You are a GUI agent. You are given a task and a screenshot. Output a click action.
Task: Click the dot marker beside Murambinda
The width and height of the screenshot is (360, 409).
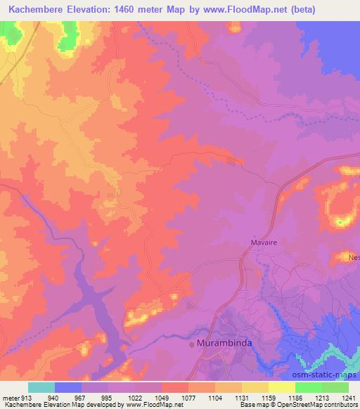(x=192, y=344)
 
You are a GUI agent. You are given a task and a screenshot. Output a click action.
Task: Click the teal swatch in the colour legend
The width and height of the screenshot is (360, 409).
(x=41, y=387)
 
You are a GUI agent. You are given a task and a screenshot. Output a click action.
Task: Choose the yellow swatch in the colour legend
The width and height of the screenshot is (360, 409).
(x=282, y=387)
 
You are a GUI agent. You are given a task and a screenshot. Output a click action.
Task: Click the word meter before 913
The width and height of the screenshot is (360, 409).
(x=9, y=398)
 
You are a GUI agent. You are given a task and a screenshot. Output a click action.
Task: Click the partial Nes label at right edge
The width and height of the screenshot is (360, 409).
(x=354, y=257)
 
